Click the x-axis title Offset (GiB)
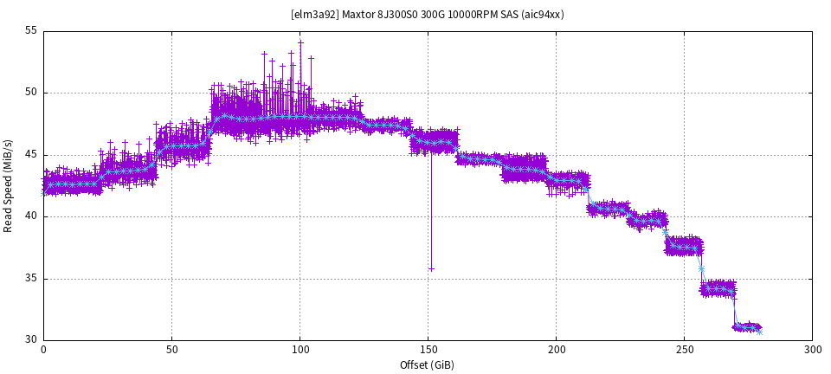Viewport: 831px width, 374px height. (x=427, y=364)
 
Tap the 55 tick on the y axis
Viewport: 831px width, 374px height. (x=31, y=30)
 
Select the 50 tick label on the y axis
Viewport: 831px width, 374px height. (x=31, y=93)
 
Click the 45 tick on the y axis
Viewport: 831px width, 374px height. (x=31, y=155)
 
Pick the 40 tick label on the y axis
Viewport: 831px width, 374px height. (x=31, y=216)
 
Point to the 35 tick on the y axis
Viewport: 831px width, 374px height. (x=31, y=279)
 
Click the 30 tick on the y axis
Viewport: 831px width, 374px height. (x=31, y=340)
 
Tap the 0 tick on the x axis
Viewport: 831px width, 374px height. (x=43, y=350)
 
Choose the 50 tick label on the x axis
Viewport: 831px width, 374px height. (x=171, y=350)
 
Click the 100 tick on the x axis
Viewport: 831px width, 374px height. (x=300, y=350)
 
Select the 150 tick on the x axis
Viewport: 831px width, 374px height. (x=428, y=350)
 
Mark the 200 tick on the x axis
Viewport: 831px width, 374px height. (x=556, y=350)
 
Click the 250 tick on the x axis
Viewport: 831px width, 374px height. (x=684, y=350)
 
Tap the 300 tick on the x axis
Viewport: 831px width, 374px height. (x=812, y=350)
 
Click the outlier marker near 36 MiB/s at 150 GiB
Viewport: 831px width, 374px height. (x=431, y=269)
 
